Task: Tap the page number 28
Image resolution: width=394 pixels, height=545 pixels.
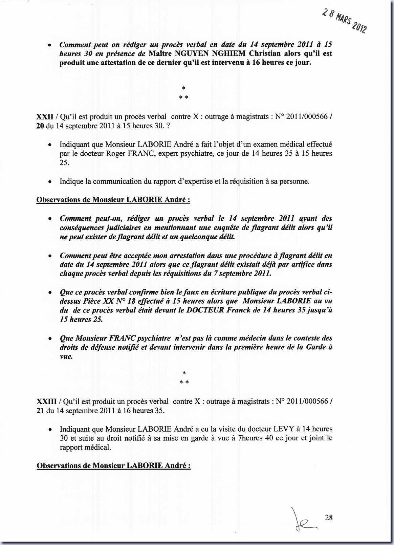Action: point(329,517)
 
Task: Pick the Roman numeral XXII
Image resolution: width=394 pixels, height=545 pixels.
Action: point(45,117)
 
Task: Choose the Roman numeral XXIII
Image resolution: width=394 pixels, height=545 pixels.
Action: point(46,402)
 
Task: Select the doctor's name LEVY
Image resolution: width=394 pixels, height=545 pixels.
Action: point(283,429)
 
